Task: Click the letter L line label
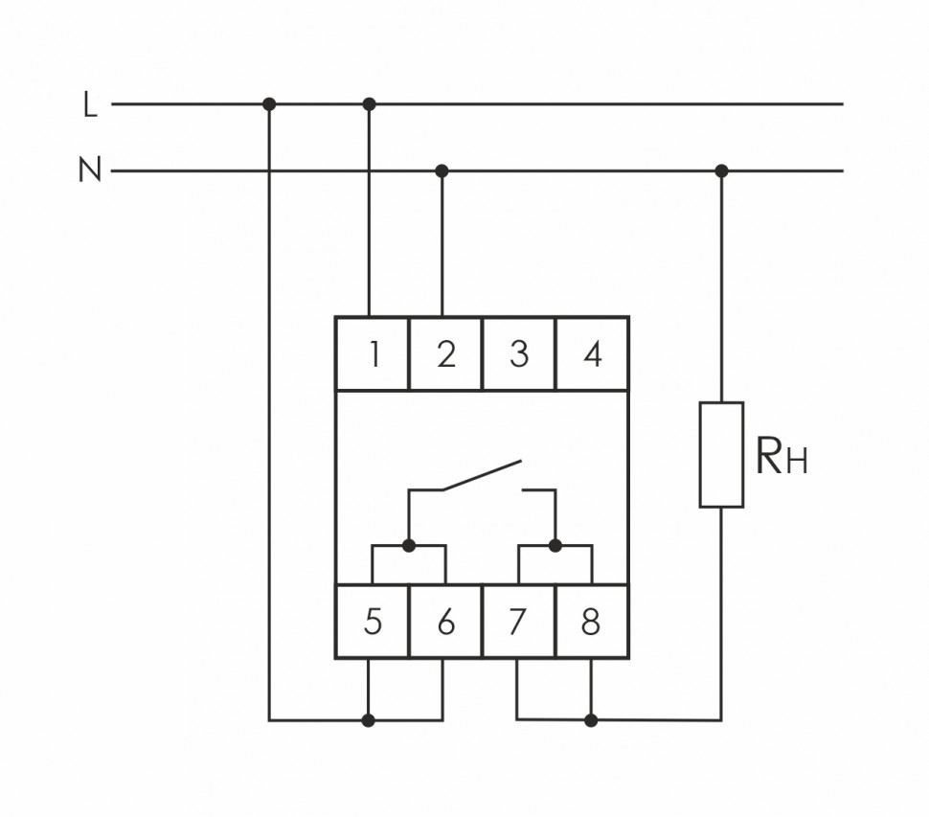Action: pos(91,104)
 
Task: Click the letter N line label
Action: pos(90,171)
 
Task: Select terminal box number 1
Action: pos(374,354)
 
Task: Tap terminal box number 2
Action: pos(445,354)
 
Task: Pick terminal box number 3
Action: pos(518,354)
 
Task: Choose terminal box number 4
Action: pos(592,354)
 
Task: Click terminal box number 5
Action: pos(373,623)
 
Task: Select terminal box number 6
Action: pos(445,623)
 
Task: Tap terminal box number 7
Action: pos(517,623)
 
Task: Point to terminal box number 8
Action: pos(591,623)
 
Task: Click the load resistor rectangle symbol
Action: pos(721,455)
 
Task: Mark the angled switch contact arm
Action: pos(482,476)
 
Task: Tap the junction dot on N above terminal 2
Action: pos(442,171)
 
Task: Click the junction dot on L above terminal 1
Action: pos(370,103)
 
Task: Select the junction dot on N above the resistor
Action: pos(721,171)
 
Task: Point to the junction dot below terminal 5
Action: pos(370,719)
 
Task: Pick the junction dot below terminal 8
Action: pos(591,719)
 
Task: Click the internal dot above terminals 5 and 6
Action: pos(409,545)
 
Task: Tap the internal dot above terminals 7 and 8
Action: pos(555,545)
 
